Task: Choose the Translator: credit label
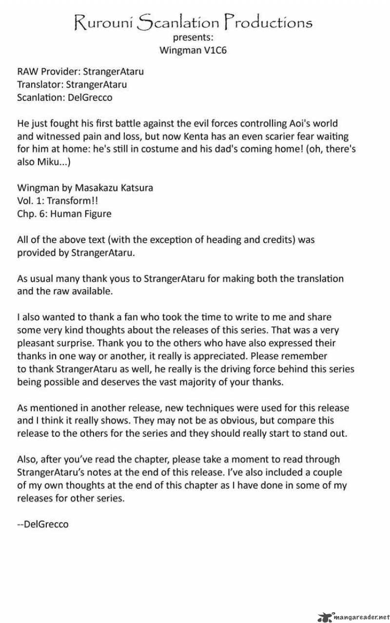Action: coord(43,84)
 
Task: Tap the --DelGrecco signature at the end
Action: coord(43,524)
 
